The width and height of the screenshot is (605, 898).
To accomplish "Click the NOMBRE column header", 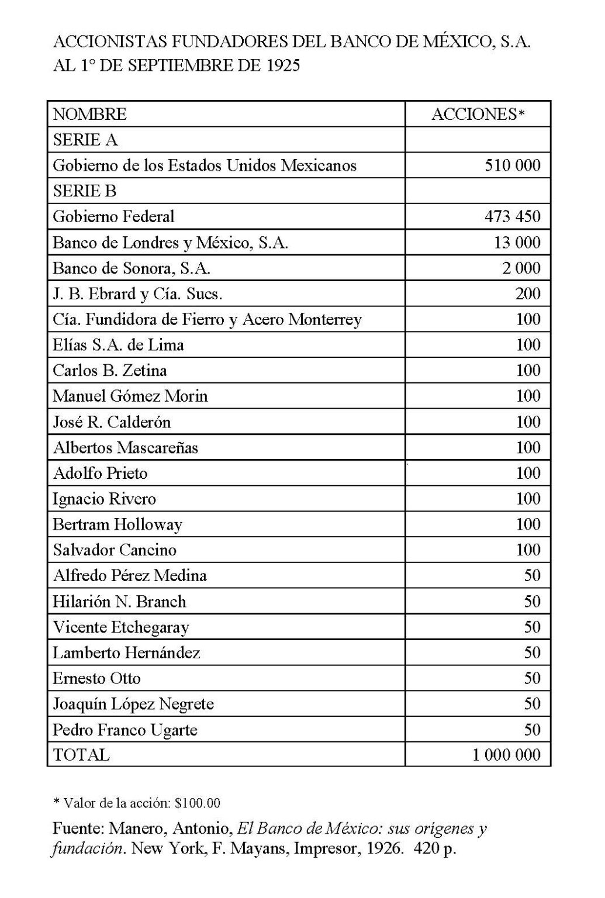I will [x=89, y=114].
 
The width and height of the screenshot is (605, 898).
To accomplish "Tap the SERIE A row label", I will [x=85, y=140].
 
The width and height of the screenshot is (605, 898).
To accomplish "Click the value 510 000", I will [x=513, y=165].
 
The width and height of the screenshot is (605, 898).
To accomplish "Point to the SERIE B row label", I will [x=85, y=191].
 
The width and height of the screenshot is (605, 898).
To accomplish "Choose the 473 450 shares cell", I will [x=513, y=217].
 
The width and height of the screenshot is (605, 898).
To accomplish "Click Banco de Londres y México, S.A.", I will [x=170, y=243].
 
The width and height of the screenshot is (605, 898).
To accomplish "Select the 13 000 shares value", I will [x=517, y=243].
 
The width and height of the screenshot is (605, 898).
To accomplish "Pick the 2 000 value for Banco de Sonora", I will [x=521, y=268].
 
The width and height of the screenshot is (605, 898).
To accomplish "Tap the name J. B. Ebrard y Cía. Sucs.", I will [x=137, y=293].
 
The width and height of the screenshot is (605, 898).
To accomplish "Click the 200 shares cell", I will [x=528, y=293].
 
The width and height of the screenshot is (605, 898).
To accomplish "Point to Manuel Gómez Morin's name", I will [x=130, y=396].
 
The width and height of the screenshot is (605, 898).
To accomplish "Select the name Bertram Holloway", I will [x=117, y=524].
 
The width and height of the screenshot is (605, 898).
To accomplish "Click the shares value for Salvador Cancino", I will [x=528, y=550].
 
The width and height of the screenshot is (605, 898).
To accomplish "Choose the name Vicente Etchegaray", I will [x=121, y=627].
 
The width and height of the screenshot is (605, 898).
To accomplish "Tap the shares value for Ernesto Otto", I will [x=532, y=678].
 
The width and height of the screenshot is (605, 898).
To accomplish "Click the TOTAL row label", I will [x=81, y=755].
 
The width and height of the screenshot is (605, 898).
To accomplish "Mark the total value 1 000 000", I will [x=507, y=755].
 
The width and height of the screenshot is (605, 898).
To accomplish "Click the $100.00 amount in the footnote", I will [x=198, y=803].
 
